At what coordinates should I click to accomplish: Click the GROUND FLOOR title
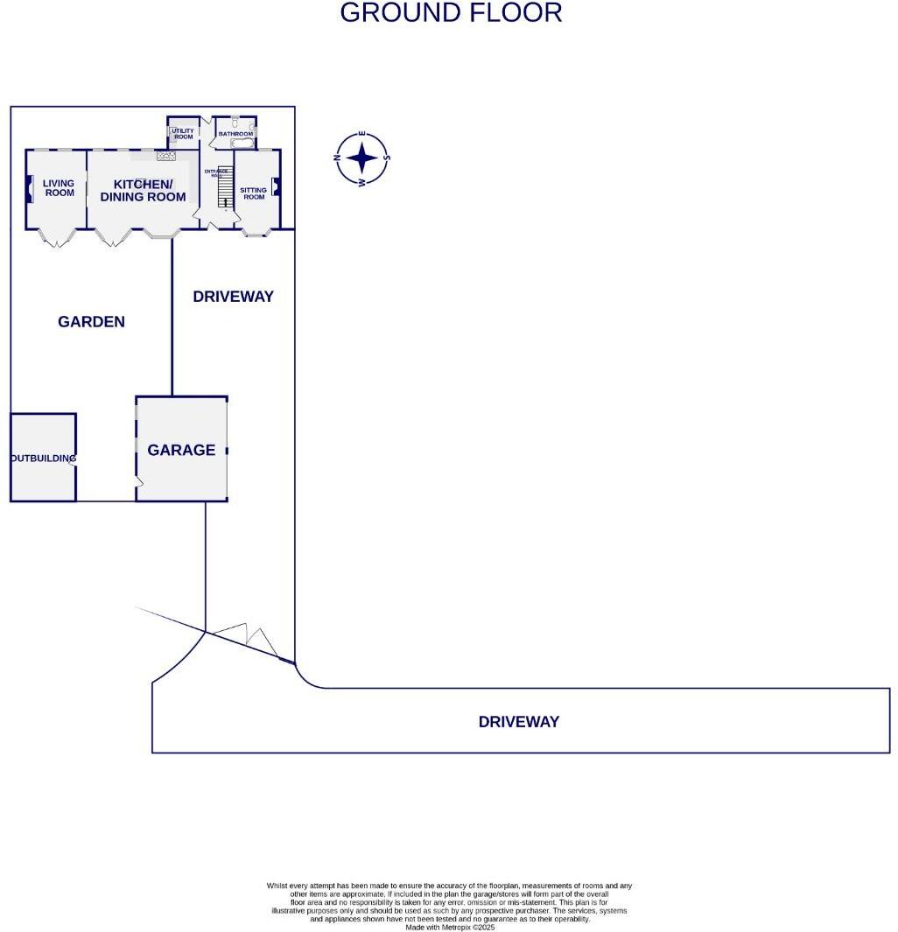click(x=451, y=13)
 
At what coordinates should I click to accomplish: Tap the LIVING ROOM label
click(x=60, y=188)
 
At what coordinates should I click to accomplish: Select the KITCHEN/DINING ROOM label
click(x=143, y=191)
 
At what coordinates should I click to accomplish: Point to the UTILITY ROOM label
click(x=183, y=134)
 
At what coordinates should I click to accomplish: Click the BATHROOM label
click(x=235, y=134)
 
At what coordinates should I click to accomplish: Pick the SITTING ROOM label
click(x=254, y=193)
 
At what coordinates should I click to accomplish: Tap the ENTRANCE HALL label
click(x=216, y=172)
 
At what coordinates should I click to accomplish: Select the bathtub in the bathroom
click(x=242, y=143)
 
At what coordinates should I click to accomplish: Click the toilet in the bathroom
click(x=236, y=123)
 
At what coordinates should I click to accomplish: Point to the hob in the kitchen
click(x=165, y=156)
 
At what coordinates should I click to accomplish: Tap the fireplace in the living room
click(x=32, y=189)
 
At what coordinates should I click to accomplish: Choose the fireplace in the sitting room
click(x=276, y=186)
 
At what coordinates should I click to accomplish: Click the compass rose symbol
click(x=361, y=158)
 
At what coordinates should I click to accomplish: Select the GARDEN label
click(x=91, y=322)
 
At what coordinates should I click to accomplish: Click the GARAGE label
click(x=181, y=450)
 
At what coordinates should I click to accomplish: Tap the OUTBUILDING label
click(x=43, y=458)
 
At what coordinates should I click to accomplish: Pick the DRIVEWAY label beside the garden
click(x=233, y=297)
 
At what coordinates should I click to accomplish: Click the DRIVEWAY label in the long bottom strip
click(x=518, y=722)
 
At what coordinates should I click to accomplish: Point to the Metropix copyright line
click(x=450, y=927)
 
